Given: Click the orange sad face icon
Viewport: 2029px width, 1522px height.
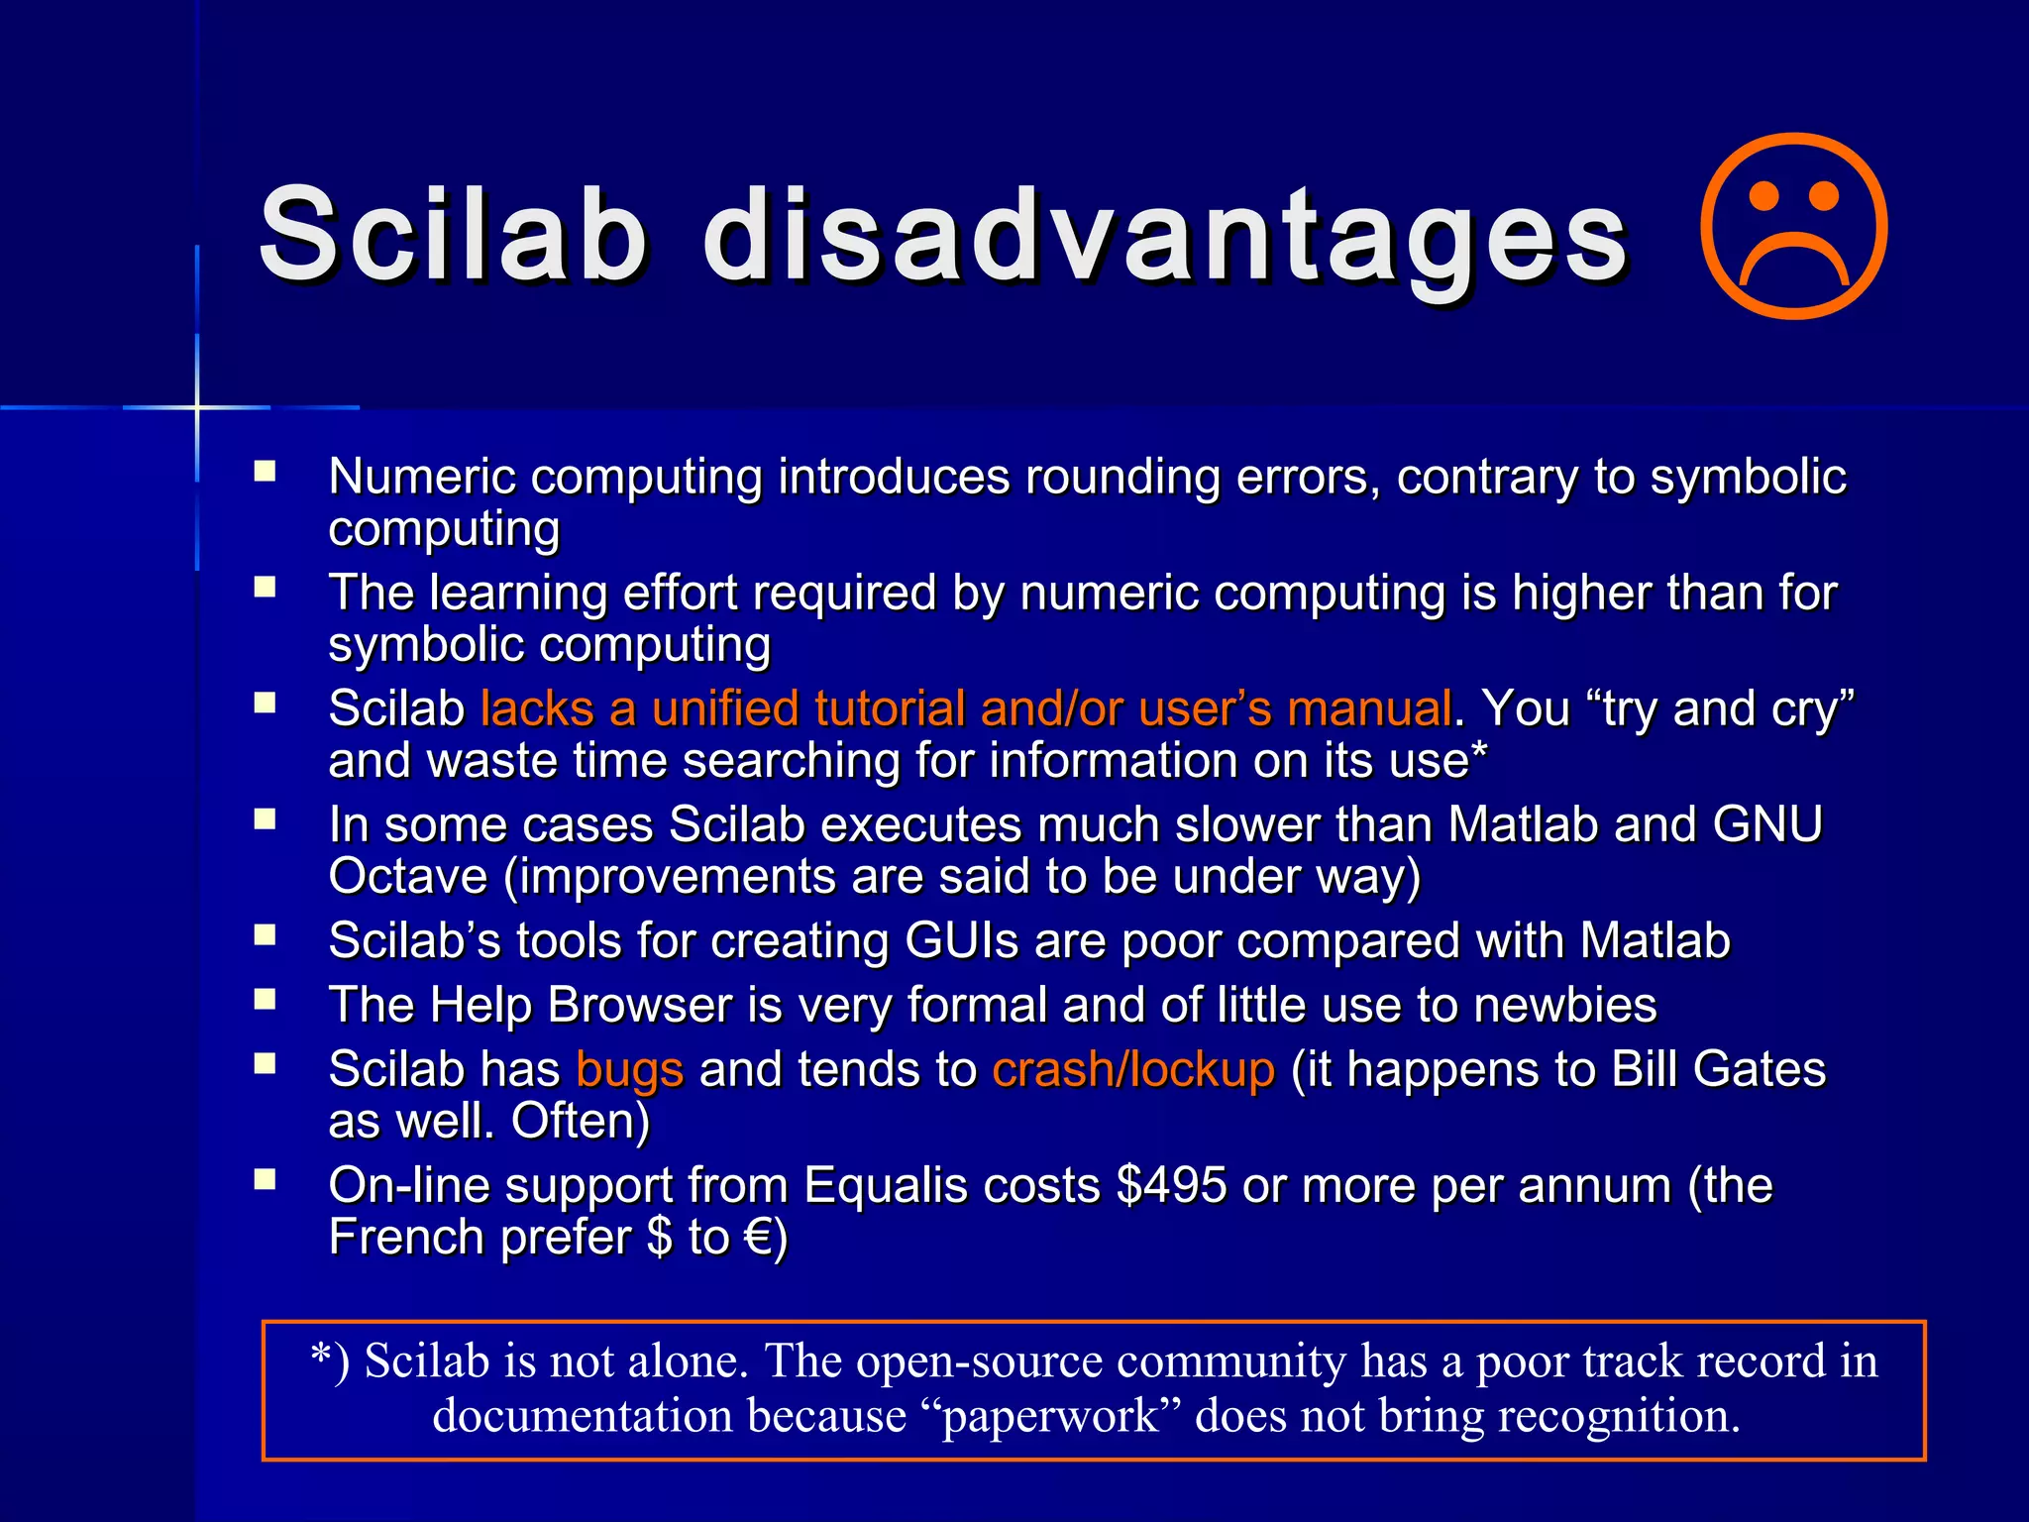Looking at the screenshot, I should point(1793,227).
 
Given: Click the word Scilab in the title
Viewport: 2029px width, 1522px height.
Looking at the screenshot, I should point(453,236).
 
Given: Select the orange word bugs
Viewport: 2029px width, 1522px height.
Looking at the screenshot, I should point(629,1070).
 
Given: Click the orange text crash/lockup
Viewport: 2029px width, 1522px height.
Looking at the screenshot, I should point(1133,1070).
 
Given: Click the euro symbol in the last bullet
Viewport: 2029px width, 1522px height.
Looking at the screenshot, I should point(759,1238).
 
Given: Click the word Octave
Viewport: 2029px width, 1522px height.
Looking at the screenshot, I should point(408,877).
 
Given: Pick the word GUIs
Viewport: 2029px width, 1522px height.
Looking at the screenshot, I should point(961,941).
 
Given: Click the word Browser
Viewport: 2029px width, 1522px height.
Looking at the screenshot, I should point(639,1006).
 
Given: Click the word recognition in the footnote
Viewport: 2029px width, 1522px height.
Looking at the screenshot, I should point(1617,1416).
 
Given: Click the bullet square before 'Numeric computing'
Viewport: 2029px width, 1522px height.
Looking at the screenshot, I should point(265,471).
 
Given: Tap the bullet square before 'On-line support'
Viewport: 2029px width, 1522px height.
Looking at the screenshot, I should point(265,1179).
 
